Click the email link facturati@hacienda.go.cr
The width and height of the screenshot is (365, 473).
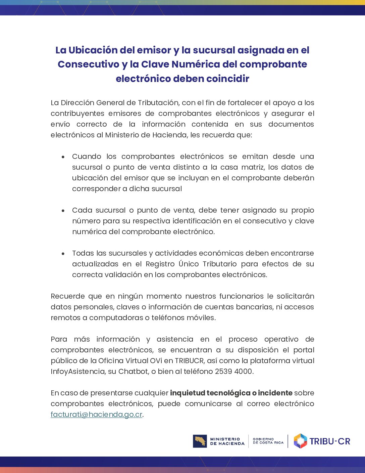[x=96, y=415]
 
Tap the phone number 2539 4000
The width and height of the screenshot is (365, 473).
[x=233, y=372]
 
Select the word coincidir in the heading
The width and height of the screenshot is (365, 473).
[x=228, y=79]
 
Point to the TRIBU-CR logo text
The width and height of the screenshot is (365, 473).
[x=330, y=441]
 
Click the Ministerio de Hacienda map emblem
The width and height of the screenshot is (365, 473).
[x=200, y=441]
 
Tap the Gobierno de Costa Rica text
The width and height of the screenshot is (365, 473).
[x=268, y=441]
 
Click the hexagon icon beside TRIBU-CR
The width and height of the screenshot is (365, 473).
[x=300, y=441]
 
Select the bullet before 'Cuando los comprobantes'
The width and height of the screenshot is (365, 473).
[x=63, y=157]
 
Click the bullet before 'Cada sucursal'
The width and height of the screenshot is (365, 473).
[x=63, y=211]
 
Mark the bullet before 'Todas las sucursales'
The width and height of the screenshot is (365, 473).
[x=63, y=254]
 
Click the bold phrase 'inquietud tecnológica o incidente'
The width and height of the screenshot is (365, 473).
[x=231, y=393]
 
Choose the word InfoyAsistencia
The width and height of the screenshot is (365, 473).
[x=78, y=372]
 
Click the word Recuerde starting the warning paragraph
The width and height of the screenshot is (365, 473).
[x=68, y=296]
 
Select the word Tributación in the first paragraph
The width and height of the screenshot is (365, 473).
[x=158, y=103]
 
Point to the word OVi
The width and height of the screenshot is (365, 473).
[x=156, y=361]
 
